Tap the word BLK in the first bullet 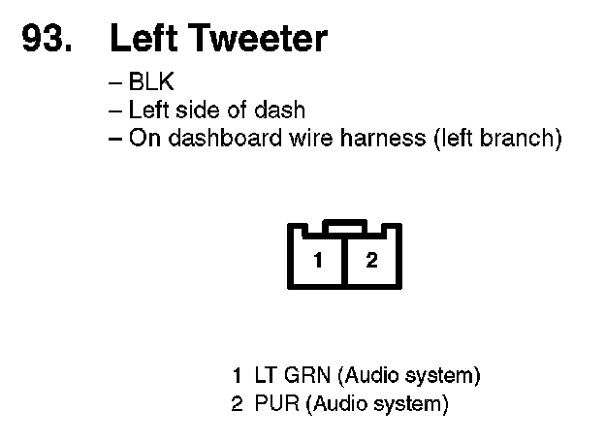tap(151, 83)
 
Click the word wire tap(304, 138)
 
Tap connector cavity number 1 tap(318, 261)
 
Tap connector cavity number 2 tap(372, 261)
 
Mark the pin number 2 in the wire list tap(238, 402)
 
